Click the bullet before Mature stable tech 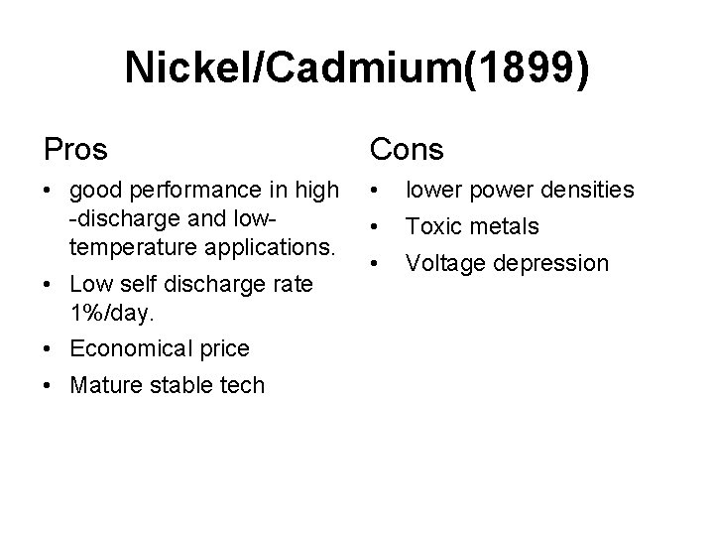tap(49, 385)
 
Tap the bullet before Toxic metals tap(376, 226)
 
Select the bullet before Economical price tap(49, 348)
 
